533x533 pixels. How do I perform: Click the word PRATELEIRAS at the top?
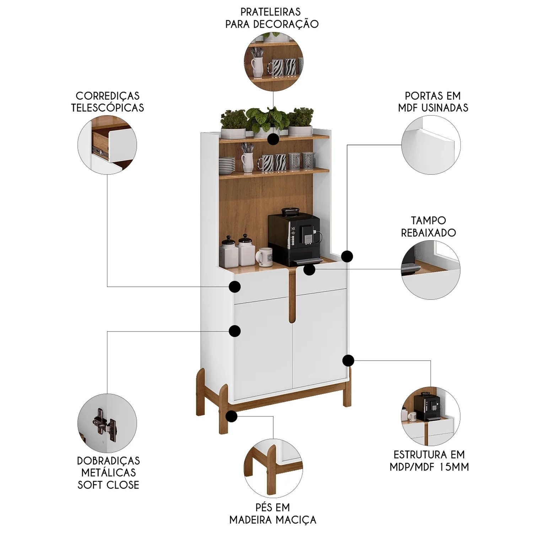[x=270, y=12]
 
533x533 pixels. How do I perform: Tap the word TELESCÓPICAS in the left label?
[x=108, y=108]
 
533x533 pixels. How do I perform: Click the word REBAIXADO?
[x=429, y=233]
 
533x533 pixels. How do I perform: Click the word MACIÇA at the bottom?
[x=295, y=520]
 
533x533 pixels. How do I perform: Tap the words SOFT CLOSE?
[x=108, y=485]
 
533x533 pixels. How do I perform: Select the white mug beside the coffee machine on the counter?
[x=264, y=257]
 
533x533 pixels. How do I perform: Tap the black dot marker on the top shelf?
[x=273, y=139]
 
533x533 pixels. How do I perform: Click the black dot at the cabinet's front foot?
[x=231, y=416]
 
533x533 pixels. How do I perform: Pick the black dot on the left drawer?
[x=235, y=286]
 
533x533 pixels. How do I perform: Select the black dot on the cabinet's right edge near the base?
[x=348, y=360]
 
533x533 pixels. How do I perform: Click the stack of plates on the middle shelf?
[x=227, y=165]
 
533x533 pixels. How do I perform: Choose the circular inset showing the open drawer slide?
[x=107, y=145]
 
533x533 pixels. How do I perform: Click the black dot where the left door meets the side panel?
[x=235, y=331]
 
